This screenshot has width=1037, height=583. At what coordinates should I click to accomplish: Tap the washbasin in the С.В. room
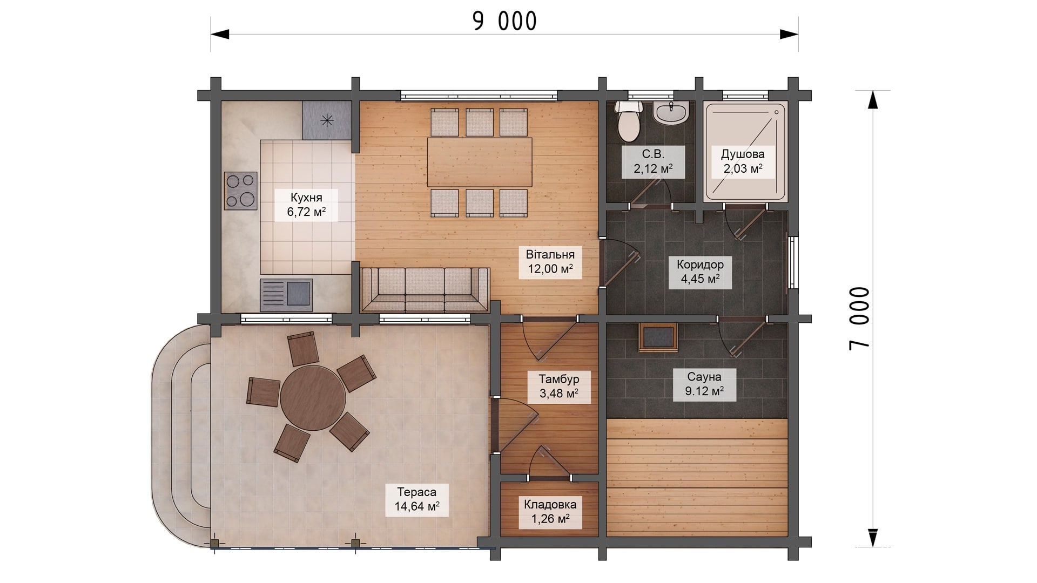tap(670, 112)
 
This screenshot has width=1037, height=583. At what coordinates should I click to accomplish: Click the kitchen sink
tap(286, 295)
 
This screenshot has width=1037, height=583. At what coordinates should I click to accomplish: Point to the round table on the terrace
tap(312, 397)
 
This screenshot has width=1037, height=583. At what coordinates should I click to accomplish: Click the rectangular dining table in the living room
tap(480, 162)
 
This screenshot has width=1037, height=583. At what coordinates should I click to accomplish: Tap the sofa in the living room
tap(425, 290)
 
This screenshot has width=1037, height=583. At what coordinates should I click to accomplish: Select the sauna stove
tap(658, 337)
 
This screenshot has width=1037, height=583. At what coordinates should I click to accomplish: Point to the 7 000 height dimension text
tap(859, 318)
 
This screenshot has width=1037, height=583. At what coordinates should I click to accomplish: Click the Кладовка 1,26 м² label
tap(550, 512)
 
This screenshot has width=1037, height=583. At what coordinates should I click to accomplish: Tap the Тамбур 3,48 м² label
tap(559, 386)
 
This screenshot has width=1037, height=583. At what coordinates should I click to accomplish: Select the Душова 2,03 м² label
tap(743, 161)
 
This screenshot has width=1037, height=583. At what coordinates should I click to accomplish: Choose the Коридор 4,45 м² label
tap(700, 272)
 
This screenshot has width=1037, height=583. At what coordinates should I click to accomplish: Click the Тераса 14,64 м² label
tap(416, 499)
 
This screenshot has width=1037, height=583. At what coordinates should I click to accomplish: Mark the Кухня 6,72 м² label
tap(306, 205)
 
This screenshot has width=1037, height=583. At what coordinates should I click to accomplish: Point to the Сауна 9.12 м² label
tap(704, 384)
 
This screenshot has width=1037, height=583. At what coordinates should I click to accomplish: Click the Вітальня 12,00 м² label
tap(550, 262)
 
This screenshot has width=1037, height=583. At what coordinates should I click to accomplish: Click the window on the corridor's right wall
tap(793, 262)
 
